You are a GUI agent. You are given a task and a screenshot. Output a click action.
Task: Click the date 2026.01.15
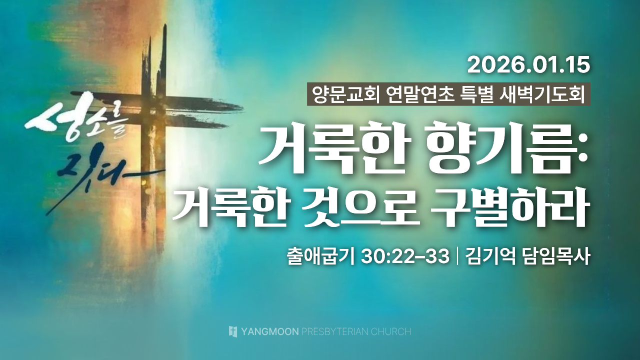click(528, 65)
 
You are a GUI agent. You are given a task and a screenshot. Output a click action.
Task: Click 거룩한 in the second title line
click(231, 205)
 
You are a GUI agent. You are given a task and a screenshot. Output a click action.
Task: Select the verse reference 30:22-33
click(405, 257)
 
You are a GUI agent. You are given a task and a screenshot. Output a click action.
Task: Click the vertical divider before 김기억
click(457, 256)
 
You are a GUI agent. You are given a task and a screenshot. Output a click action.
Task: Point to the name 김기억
click(491, 256)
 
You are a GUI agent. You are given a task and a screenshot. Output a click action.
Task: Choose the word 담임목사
click(555, 256)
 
